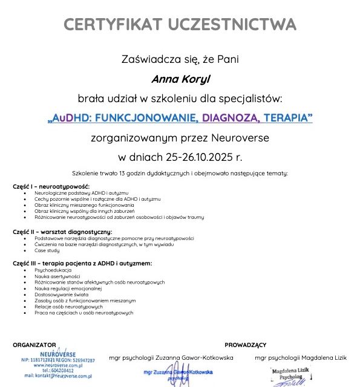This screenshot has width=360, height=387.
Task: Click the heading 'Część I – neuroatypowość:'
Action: click(51, 186)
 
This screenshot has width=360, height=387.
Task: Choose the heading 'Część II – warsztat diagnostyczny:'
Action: click(62, 232)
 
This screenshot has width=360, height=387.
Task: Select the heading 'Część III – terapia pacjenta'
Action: click(82, 263)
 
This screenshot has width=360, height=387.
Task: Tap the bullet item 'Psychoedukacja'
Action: click(53, 270)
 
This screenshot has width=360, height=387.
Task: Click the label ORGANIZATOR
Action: click(34, 344)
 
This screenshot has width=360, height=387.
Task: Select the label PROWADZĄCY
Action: click(245, 345)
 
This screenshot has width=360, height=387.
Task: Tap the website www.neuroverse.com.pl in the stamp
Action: click(58, 365)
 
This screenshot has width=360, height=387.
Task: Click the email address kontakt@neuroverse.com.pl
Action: click(58, 376)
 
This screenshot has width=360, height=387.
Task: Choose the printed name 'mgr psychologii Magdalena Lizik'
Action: click(301, 358)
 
